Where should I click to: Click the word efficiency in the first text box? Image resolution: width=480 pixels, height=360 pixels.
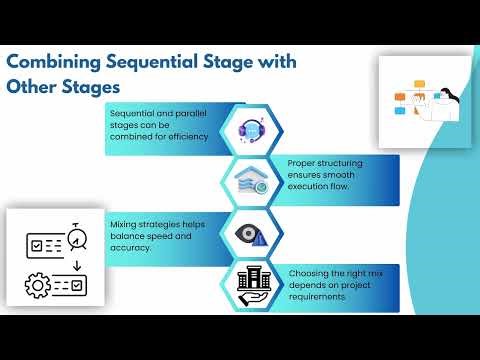187,136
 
